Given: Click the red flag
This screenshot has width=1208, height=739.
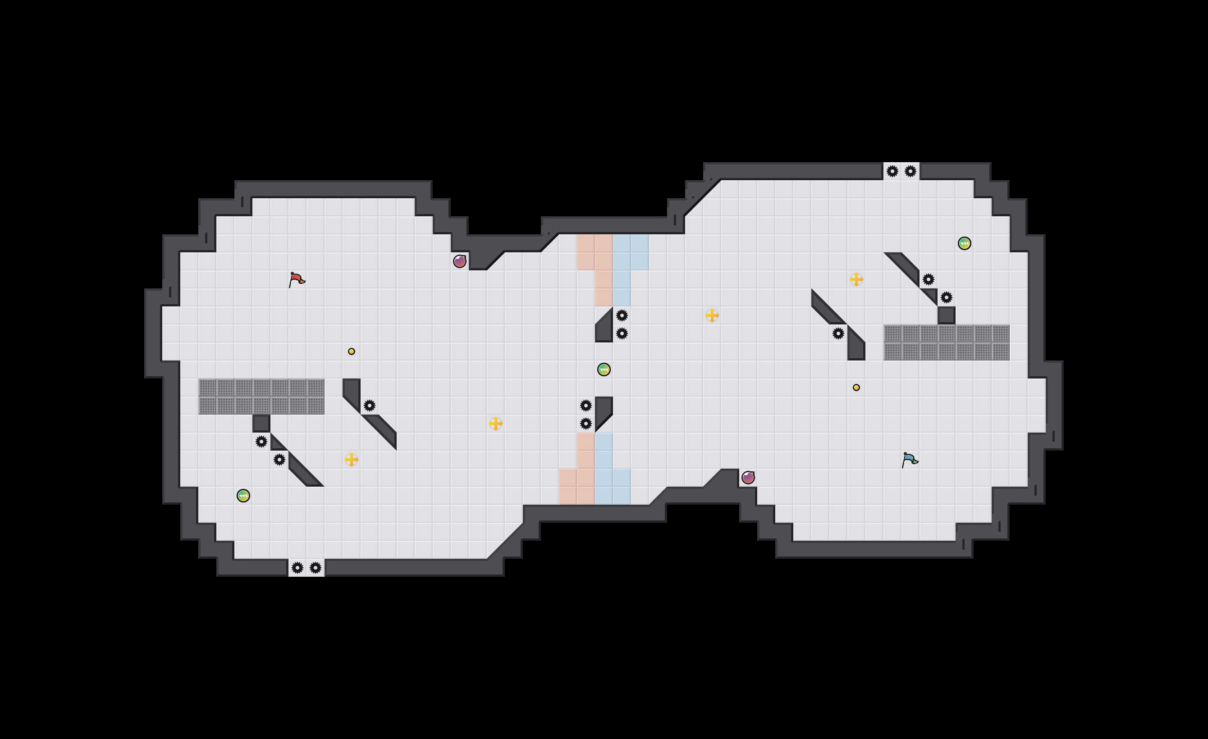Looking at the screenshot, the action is (296, 279).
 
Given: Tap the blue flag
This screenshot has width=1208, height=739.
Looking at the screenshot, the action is (910, 460).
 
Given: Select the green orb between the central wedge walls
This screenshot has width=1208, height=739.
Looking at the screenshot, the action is (604, 369).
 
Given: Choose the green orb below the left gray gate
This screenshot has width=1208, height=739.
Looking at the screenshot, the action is (243, 495).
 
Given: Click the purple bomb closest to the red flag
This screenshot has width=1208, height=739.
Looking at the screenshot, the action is (459, 261).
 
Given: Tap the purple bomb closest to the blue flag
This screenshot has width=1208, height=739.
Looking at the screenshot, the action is (748, 477).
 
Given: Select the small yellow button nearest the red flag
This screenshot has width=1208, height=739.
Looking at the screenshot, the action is (352, 351).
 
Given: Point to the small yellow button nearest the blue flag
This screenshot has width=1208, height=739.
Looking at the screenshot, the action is (856, 388).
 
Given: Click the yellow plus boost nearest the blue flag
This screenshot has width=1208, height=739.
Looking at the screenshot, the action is (856, 279).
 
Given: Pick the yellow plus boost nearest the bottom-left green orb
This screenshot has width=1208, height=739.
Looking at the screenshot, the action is (352, 460).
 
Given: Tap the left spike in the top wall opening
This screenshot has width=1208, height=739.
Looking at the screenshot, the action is (892, 172).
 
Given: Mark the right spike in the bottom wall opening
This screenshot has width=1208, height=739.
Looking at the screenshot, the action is (315, 567).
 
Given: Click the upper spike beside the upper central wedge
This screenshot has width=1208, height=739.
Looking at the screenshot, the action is (622, 315).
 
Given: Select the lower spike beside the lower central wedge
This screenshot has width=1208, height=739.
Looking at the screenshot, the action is (586, 424).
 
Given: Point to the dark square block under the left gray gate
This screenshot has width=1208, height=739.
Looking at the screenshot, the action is (261, 424).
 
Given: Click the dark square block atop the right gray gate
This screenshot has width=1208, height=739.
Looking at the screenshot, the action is (946, 315).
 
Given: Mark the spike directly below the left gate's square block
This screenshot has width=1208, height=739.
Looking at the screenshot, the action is (261, 442).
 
